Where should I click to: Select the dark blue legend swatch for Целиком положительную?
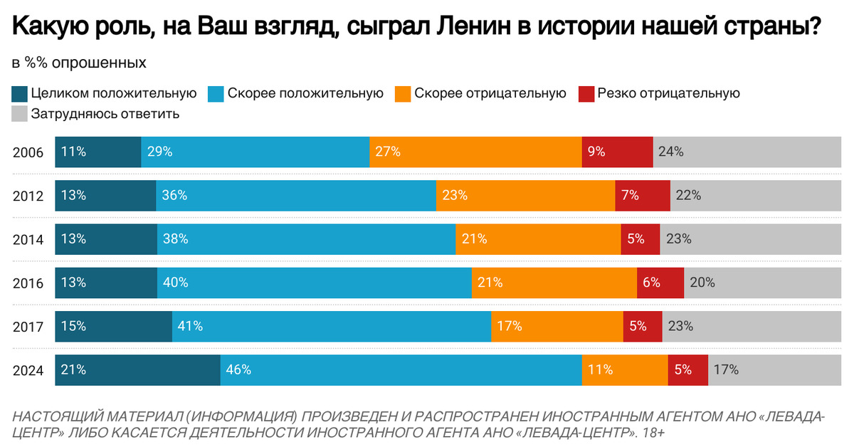pos(20,93)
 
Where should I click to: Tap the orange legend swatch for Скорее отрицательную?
pos(402,93)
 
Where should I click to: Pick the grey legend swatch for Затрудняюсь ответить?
pos(20,113)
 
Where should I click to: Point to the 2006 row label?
pos(28,152)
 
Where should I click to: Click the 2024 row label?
pos(28,370)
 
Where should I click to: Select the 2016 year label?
pos(28,283)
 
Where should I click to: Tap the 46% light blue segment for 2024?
pos(401,370)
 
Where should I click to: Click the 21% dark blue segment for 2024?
pos(137,370)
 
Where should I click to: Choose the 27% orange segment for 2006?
pos(475,152)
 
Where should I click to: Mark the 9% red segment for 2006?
pos(617,152)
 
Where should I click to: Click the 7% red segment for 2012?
pos(643,196)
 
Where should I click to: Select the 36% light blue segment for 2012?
pos(295,196)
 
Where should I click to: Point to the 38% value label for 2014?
pos(175,239)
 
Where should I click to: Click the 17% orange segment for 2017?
pos(557,327)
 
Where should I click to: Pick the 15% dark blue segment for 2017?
pos(113,327)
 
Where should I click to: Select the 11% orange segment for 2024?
pos(624,370)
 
